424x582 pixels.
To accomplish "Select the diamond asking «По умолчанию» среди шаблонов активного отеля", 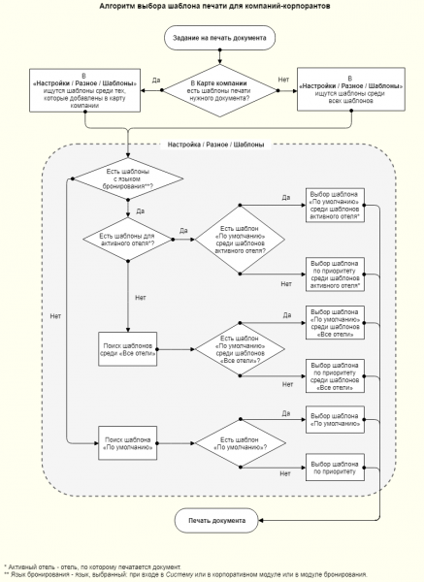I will click(x=238, y=238).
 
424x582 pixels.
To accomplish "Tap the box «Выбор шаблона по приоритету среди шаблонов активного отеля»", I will click(x=335, y=274).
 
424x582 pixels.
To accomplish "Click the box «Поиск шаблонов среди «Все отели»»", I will click(x=128, y=349).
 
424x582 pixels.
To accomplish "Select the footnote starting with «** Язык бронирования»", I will click(x=184, y=574).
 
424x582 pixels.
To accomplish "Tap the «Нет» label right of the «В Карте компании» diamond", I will click(x=283, y=78).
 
